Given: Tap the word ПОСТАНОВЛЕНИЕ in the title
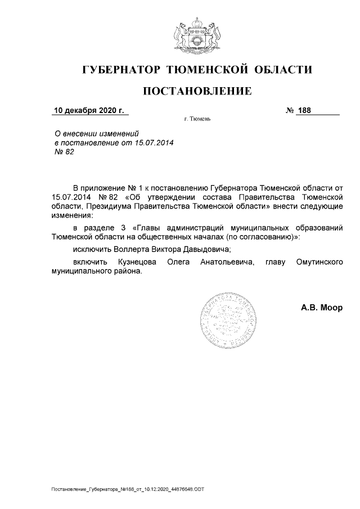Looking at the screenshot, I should (196, 91).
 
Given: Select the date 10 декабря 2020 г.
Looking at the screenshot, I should (88, 110).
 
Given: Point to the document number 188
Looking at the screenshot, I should (304, 110).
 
